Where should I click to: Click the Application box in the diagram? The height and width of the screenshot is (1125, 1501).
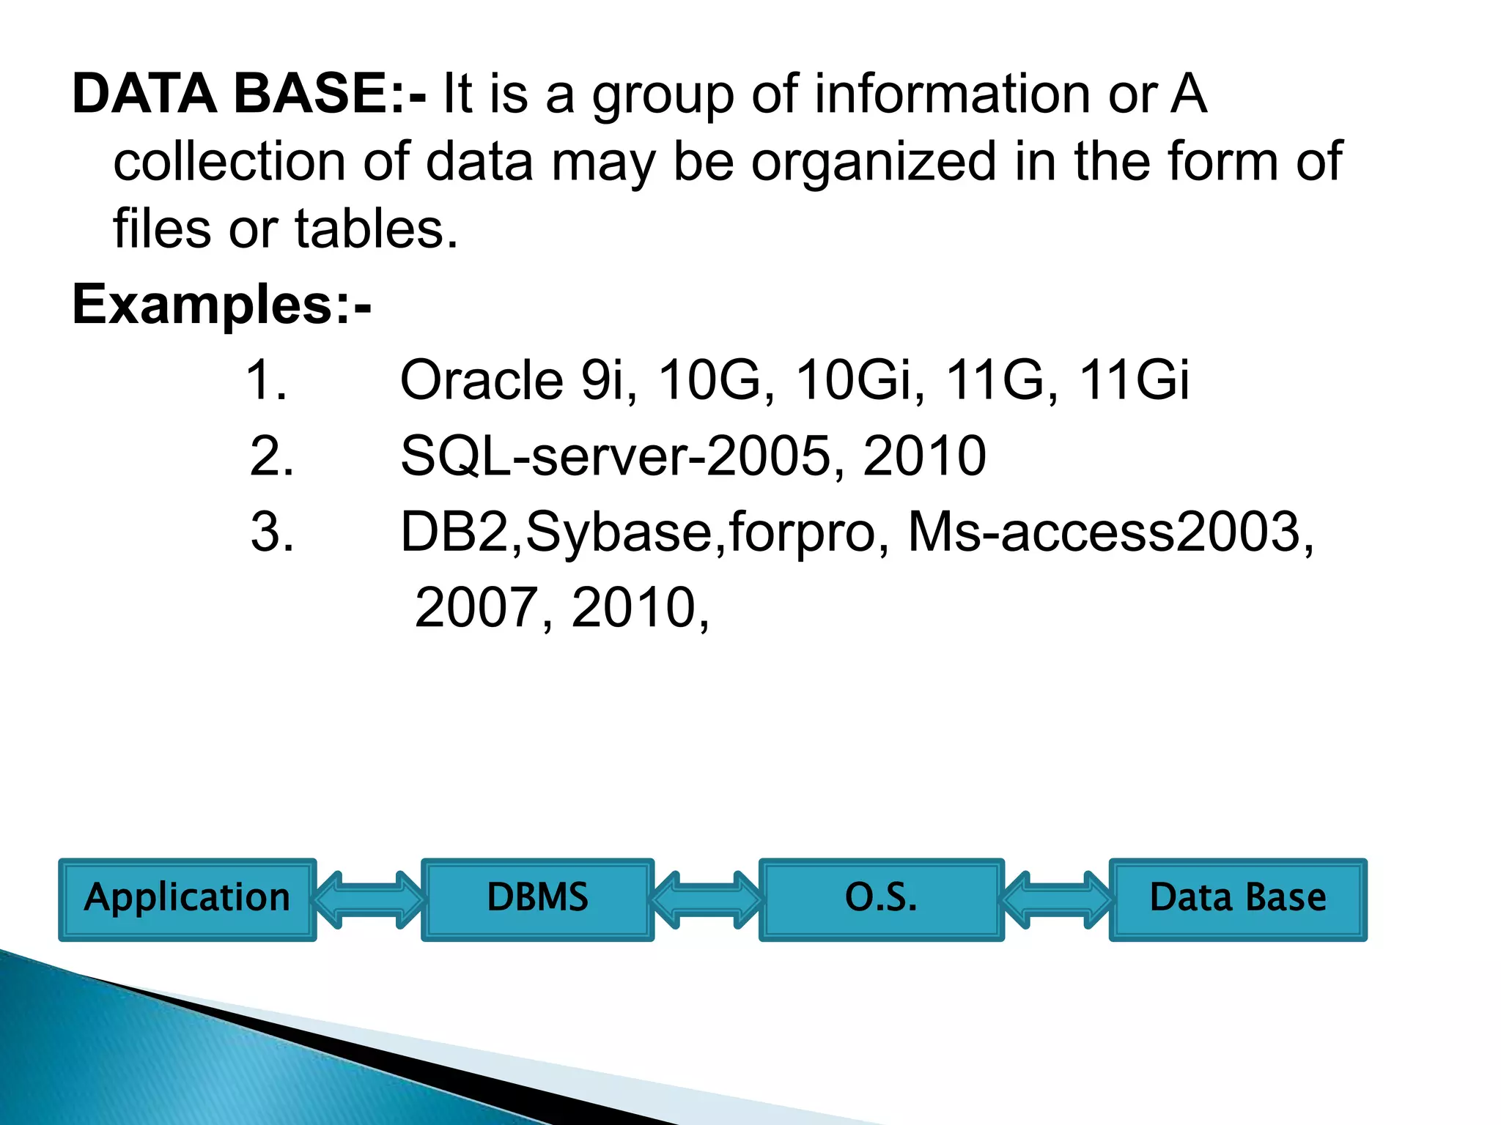(187, 899)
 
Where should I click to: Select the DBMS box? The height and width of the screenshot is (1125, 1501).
(537, 899)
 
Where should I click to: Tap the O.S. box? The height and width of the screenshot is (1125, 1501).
(881, 899)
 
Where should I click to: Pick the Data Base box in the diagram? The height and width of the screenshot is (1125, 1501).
(1238, 899)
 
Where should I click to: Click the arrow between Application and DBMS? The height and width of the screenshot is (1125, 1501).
(369, 899)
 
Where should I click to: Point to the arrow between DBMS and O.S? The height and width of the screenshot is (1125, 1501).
(707, 899)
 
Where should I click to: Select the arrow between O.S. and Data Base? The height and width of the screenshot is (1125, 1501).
(1056, 899)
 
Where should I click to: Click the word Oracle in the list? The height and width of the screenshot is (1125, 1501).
(482, 380)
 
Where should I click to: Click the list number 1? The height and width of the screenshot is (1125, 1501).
(266, 380)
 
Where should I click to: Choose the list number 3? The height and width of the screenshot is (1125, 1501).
(272, 532)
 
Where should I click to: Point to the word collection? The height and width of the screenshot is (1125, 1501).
(229, 162)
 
